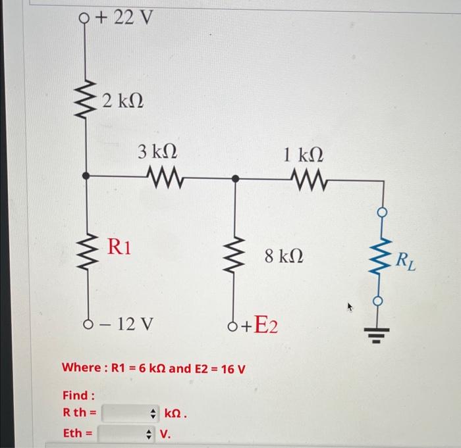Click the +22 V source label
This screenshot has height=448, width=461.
click(124, 18)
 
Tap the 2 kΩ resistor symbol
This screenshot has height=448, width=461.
click(86, 99)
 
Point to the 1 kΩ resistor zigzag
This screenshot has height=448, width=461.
click(310, 180)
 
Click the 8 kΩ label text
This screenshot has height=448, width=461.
click(284, 256)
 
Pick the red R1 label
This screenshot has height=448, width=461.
click(119, 247)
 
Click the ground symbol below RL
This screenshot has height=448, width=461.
click(377, 336)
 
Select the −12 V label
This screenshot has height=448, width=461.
click(126, 324)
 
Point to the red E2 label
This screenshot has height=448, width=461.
click(265, 324)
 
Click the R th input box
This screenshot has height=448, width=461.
click(130, 413)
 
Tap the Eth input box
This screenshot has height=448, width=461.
click(126, 434)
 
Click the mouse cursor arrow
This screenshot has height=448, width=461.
click(350, 307)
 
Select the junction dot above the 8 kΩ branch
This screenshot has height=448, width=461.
click(235, 178)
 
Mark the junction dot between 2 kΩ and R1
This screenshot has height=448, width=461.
click(86, 176)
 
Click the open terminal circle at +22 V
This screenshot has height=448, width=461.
click(84, 18)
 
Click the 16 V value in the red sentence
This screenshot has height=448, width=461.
click(233, 369)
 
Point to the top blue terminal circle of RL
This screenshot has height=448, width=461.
click(382, 212)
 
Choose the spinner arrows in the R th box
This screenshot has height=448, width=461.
click(153, 414)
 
